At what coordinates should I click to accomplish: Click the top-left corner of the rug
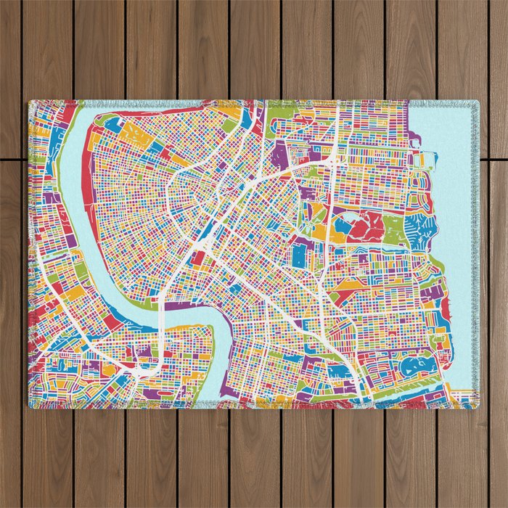coord(30,102)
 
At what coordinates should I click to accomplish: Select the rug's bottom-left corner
coord(30,407)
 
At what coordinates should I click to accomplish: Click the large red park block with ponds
coord(364,226)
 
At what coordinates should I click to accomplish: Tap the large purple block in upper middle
coord(282,155)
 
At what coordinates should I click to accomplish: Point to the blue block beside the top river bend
coord(112,124)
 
